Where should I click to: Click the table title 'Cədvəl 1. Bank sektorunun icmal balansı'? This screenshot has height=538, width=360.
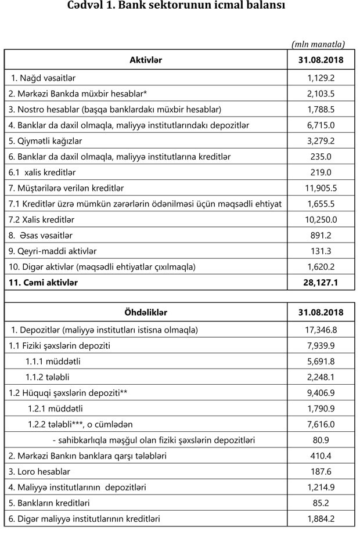tap(179, 7)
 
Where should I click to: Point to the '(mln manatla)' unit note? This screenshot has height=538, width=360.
tap(318, 44)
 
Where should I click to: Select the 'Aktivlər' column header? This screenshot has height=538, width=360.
tap(146, 60)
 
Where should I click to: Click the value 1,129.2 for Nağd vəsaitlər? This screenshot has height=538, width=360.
tap(321, 78)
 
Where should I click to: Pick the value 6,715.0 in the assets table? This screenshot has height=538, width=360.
tap(321, 125)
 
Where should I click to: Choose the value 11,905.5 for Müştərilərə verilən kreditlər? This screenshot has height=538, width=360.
tap(321, 188)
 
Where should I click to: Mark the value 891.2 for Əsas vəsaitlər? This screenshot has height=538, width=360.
tap(321, 236)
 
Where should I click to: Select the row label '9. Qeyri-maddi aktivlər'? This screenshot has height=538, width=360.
tap(52, 251)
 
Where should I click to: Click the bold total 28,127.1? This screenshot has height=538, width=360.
tap(321, 283)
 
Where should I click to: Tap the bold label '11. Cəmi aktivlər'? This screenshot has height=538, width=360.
tap(43, 283)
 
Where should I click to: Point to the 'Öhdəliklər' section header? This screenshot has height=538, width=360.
tap(146, 312)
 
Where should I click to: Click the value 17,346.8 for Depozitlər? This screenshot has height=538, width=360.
tap(321, 330)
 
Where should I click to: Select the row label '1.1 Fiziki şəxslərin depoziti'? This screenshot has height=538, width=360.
tap(59, 346)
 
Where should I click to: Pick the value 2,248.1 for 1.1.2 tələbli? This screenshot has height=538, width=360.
tap(321, 377)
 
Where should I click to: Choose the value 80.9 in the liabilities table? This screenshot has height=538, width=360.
tap(321, 440)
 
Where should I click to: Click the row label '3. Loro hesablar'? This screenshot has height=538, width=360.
tap(38, 472)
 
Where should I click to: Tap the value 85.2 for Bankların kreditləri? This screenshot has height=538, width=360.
tap(321, 503)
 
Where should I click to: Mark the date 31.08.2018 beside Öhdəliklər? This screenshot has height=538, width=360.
tap(321, 312)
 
